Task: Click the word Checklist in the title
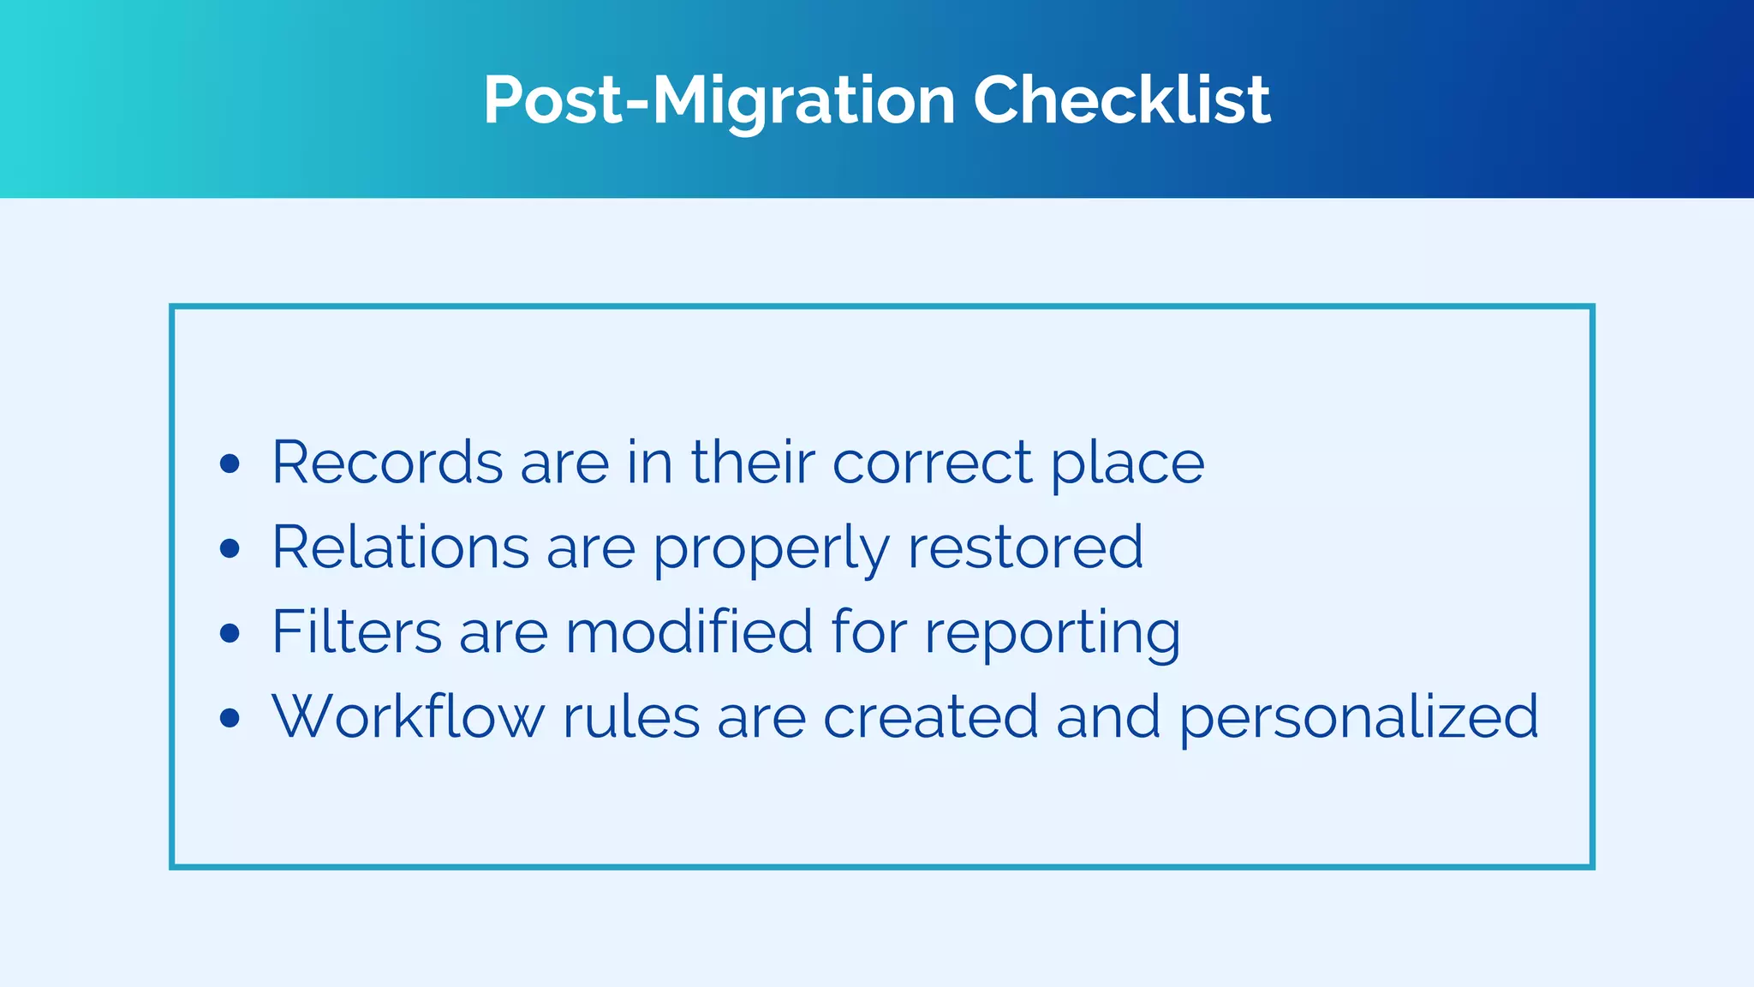tap(1121, 100)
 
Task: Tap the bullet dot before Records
tap(230, 464)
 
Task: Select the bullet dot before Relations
tap(230, 548)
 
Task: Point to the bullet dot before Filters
tap(230, 633)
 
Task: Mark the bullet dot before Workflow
tap(230, 717)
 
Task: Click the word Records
tap(387, 463)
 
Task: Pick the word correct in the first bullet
tap(933, 463)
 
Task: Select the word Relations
tap(400, 547)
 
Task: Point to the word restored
tap(1025, 547)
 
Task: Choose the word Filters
tap(356, 631)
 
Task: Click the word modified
tap(689, 631)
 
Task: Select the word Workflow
tap(408, 716)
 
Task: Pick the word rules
tap(631, 716)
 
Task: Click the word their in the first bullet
tap(753, 463)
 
